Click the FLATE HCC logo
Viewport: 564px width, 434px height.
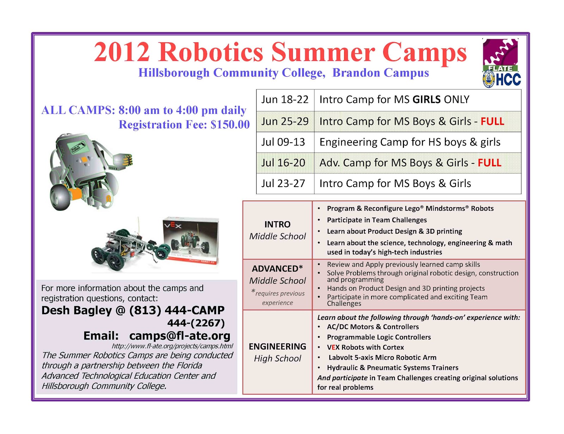point(501,63)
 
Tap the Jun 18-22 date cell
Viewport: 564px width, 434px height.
point(285,100)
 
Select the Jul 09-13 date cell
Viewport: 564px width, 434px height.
point(285,142)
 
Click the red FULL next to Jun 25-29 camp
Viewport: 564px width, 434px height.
point(492,121)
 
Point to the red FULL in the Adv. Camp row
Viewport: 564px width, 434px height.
point(489,163)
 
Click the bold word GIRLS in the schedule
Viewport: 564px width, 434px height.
point(427,100)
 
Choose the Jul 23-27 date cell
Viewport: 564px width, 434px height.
point(285,184)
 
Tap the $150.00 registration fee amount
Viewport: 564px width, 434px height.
point(230,124)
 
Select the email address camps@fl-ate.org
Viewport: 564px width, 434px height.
point(180,336)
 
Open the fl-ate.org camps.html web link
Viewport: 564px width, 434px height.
point(172,346)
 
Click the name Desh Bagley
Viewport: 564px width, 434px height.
point(76,310)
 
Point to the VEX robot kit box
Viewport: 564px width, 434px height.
point(191,241)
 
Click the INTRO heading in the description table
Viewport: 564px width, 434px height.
point(277,224)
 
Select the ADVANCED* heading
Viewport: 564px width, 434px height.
point(277,268)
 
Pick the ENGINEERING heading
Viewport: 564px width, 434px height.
point(277,347)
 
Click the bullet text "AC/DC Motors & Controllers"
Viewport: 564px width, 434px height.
point(373,327)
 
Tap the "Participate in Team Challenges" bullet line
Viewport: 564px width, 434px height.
point(376,220)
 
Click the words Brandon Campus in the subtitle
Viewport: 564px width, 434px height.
point(380,73)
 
